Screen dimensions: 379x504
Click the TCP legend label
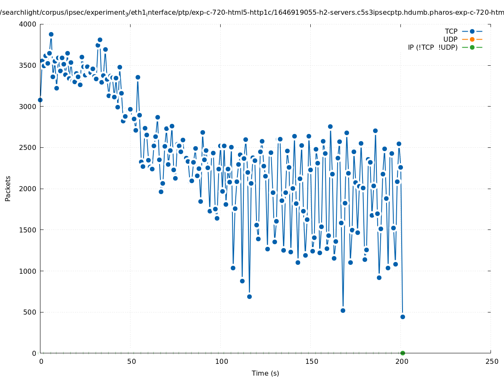tap(451, 31)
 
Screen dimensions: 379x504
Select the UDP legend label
tap(450, 39)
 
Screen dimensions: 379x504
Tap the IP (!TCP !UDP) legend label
tap(432, 47)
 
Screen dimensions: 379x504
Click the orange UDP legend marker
tap(472, 39)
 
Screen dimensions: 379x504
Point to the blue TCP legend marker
tap(472, 31)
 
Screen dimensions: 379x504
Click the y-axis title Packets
tap(8, 188)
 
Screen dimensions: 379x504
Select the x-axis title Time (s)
tap(265, 373)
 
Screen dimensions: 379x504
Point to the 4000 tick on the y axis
tap(27, 24)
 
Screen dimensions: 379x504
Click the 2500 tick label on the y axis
tap(27, 147)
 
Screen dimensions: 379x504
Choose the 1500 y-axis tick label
tap(27, 230)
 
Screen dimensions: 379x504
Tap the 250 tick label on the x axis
tap(491, 361)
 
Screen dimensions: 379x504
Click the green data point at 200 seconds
tap(403, 353)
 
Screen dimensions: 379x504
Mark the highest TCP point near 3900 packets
tap(51, 34)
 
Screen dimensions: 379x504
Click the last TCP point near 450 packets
tap(403, 317)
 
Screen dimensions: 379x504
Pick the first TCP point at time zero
tap(40, 100)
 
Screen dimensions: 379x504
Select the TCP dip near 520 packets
tap(343, 310)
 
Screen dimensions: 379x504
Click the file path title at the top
tap(252, 12)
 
